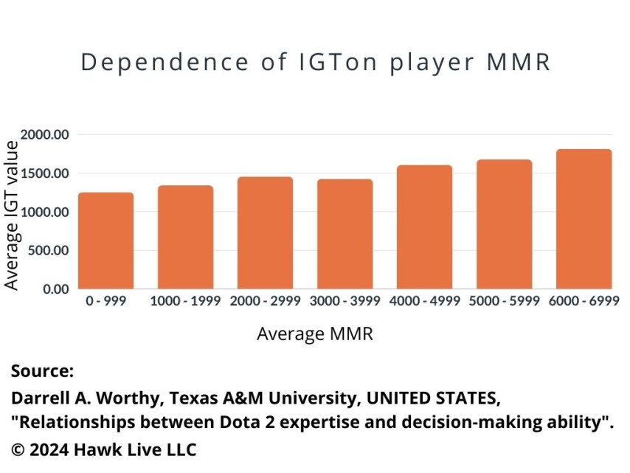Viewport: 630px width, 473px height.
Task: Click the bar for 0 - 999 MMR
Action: click(105, 241)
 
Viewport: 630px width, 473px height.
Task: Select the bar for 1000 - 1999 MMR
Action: click(185, 237)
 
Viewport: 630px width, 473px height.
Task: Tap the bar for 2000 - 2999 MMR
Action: click(265, 232)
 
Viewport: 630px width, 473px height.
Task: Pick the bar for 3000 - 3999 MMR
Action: click(345, 234)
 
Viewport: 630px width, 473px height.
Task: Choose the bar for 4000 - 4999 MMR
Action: click(424, 227)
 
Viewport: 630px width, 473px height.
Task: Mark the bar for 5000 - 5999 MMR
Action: click(504, 224)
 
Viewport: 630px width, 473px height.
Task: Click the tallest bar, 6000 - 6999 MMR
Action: click(584, 219)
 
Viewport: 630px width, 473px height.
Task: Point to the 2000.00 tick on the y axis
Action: click(45, 135)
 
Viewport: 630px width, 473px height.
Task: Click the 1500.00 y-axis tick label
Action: click(45, 173)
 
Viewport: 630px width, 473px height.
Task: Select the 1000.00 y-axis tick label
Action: click(45, 212)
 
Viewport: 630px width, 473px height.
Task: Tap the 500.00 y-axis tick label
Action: click(49, 250)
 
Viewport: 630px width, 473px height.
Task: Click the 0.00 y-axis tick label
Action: click(55, 289)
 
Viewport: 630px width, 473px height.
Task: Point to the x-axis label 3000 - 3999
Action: click(345, 301)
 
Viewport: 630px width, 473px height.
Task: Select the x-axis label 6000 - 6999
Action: click(584, 301)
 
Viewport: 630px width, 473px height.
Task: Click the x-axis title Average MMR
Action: click(315, 334)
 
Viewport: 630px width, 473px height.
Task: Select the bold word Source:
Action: click(43, 371)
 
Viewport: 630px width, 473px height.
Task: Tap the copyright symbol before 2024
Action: click(18, 449)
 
